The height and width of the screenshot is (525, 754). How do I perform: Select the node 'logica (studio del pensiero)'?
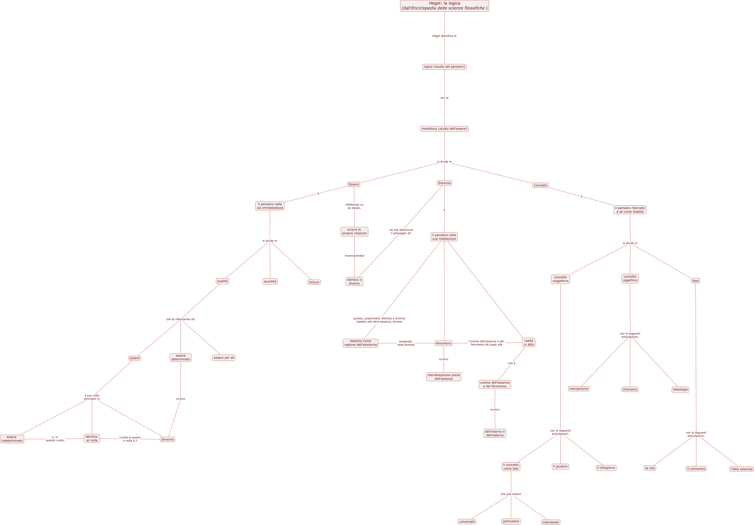pos(444,67)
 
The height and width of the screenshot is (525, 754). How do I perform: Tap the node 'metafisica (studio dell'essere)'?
pos(444,129)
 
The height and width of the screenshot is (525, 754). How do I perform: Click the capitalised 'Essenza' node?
pos(444,183)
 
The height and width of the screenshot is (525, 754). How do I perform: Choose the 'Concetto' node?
pos(541,185)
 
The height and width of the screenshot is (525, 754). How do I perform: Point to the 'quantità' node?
pos(270,281)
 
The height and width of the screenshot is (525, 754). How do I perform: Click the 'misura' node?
pos(314,282)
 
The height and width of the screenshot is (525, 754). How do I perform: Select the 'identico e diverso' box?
pos(354,281)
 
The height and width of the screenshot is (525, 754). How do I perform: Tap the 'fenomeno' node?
pos(444,343)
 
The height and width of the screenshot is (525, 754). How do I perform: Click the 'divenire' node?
pos(167,440)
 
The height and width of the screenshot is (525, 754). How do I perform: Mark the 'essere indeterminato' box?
pos(12,439)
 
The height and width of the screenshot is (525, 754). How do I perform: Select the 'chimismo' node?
pos(630,390)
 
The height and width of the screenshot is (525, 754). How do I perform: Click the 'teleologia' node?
pos(680,390)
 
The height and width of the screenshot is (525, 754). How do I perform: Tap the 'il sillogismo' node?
pos(606,468)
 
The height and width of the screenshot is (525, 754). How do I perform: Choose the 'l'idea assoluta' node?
pos(741,469)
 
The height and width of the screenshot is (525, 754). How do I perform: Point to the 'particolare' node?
pos(511,521)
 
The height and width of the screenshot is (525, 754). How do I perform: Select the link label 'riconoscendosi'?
pos(354,256)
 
